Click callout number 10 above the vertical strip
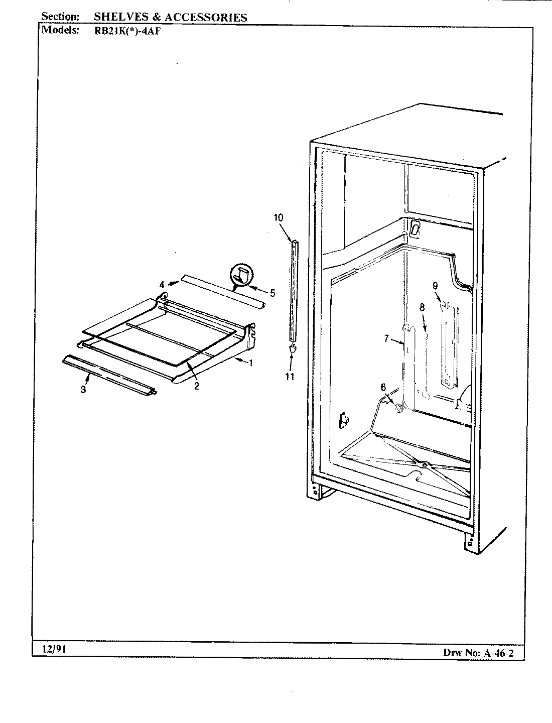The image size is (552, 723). click(279, 217)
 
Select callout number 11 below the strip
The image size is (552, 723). click(290, 376)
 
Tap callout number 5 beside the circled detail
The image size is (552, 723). click(272, 293)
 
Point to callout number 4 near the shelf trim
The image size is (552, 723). click(162, 285)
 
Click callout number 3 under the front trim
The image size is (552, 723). click(83, 390)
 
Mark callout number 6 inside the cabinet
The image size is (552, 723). click(383, 387)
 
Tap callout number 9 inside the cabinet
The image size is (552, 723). click(435, 285)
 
